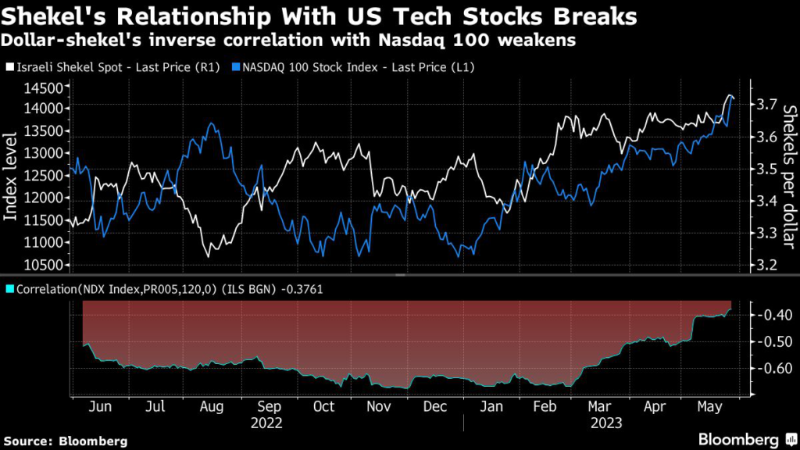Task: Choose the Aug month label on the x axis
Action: [x=212, y=407]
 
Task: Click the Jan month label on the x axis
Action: [x=491, y=407]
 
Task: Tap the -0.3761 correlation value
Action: [x=301, y=289]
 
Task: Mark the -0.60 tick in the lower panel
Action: [x=770, y=369]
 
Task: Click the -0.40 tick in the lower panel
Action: [x=770, y=315]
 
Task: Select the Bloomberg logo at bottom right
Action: [x=739, y=439]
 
